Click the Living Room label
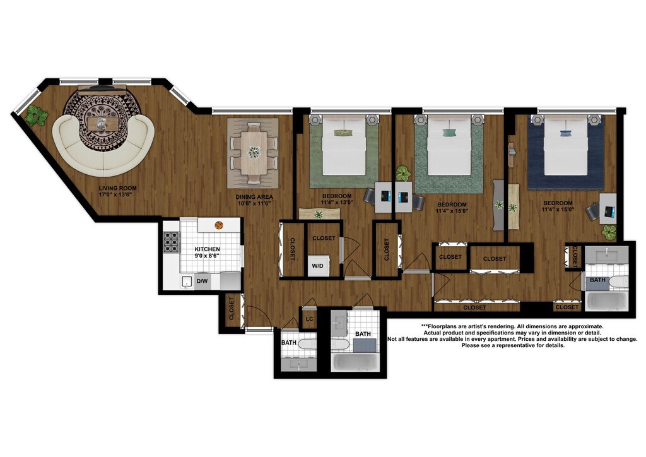click(117, 191)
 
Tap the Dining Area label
click(254, 200)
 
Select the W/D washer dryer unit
click(318, 266)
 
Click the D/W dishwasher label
click(203, 282)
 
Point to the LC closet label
click(309, 319)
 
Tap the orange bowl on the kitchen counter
click(219, 225)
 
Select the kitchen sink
click(187, 282)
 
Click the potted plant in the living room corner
click(35, 115)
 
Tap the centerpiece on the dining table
click(254, 152)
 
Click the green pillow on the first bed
click(344, 133)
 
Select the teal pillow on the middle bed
click(449, 133)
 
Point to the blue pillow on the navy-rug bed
click(566, 133)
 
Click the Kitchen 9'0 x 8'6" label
click(207, 252)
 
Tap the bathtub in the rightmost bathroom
click(606, 302)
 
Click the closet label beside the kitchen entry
click(232, 309)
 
